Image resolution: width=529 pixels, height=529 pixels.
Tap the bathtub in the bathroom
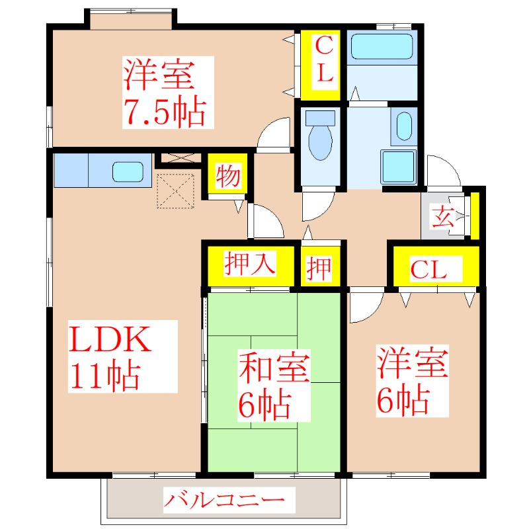[x=382, y=48]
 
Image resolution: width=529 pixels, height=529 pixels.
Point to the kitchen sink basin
[x=129, y=171]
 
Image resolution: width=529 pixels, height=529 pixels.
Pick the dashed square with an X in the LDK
[x=175, y=190]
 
